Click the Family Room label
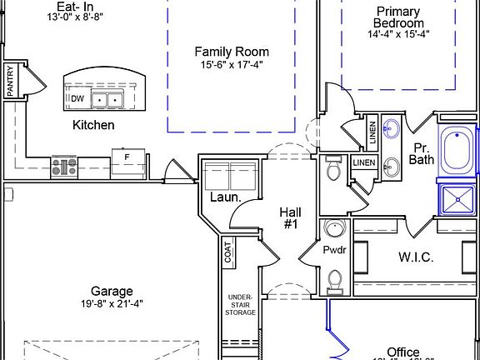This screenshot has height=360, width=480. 232,52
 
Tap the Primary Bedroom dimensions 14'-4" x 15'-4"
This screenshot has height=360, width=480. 397,35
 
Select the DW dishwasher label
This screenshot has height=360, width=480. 77,98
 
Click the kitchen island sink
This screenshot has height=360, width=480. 108,100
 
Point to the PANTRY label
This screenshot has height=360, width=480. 10,82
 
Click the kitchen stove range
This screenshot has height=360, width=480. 64,166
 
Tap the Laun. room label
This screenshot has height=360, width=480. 225,197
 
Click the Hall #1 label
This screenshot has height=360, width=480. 292,217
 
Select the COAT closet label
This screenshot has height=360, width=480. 227,252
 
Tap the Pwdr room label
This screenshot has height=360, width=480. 334,249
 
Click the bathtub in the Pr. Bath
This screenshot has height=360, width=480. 457,152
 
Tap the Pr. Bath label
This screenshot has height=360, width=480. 423,152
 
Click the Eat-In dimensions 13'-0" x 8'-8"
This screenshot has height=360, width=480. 57,17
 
